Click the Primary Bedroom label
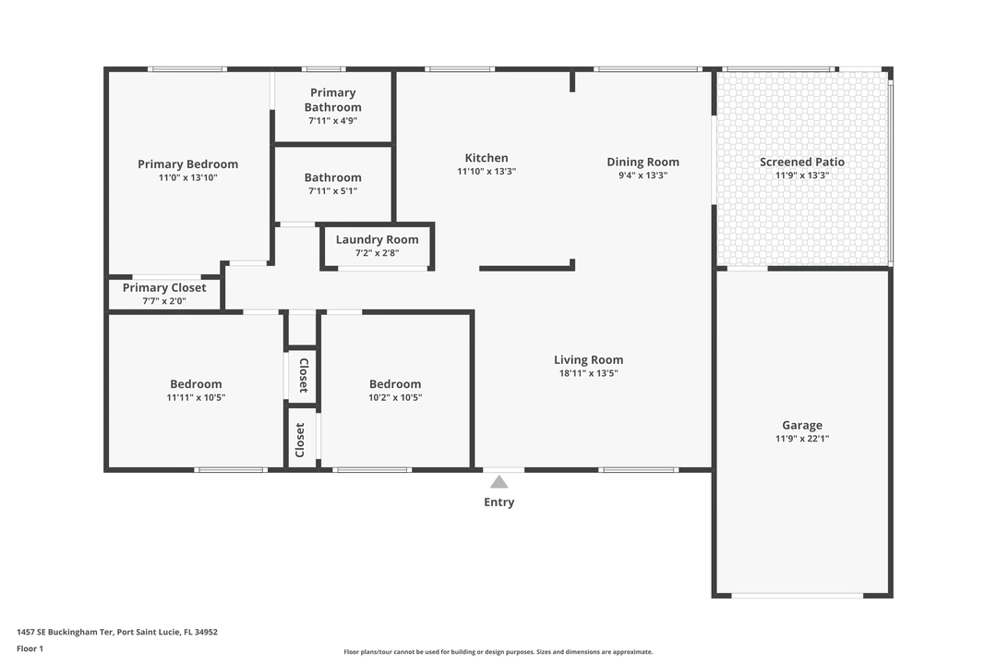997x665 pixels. (x=187, y=164)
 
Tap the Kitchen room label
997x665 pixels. (x=486, y=158)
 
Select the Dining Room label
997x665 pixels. (x=643, y=162)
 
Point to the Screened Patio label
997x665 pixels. (x=801, y=162)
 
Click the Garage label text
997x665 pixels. (x=801, y=426)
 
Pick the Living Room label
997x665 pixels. (x=588, y=360)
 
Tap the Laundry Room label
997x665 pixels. (x=377, y=239)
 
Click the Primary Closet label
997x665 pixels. (x=164, y=287)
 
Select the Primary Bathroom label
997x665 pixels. (x=332, y=100)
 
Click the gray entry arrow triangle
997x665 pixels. (x=498, y=481)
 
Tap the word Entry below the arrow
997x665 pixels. (x=498, y=502)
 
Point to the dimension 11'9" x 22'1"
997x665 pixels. (x=801, y=440)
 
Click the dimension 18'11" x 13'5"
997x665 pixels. (x=588, y=374)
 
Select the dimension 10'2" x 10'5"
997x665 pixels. (x=395, y=398)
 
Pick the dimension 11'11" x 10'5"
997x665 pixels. (x=196, y=398)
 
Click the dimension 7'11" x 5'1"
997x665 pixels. (x=332, y=191)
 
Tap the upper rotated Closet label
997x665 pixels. (x=303, y=376)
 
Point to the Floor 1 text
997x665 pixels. (x=30, y=648)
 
